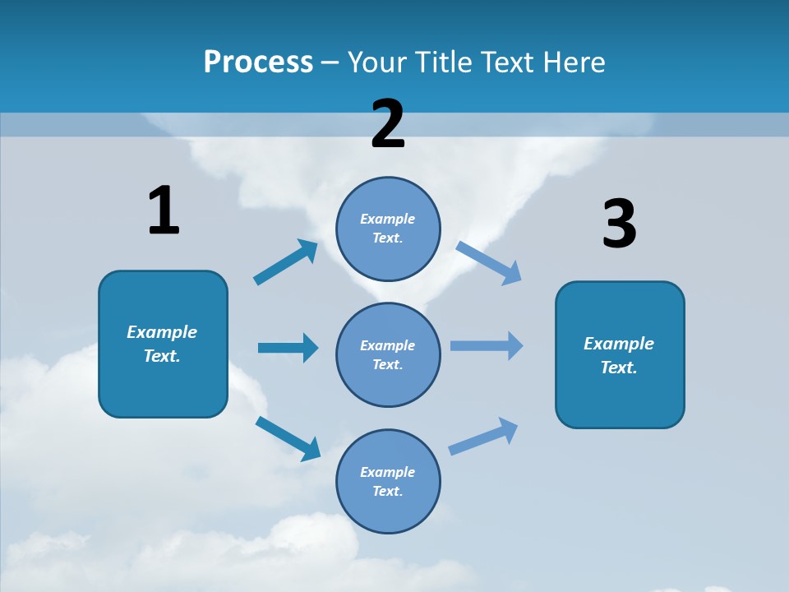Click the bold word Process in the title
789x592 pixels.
click(x=258, y=62)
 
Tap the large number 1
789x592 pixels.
click(x=163, y=210)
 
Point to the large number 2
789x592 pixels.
click(x=388, y=123)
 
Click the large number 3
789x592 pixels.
click(x=619, y=224)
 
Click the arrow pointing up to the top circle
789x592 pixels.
click(x=286, y=262)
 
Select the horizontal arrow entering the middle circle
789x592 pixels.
click(x=288, y=348)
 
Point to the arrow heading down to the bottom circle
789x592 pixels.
click(x=288, y=438)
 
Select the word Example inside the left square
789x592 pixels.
click(x=162, y=332)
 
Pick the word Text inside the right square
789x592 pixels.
click(x=619, y=368)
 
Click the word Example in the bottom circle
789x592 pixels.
click(x=387, y=472)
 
